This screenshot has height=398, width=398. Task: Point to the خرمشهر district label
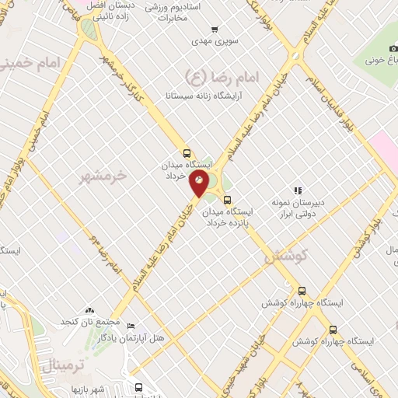104,177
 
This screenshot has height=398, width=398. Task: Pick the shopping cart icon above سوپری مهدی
204,30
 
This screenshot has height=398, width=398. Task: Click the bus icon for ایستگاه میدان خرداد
186,153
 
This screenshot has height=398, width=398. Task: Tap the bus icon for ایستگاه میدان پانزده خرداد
227,199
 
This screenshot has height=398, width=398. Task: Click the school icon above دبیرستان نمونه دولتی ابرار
297,190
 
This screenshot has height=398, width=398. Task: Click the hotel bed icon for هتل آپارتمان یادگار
131,326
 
